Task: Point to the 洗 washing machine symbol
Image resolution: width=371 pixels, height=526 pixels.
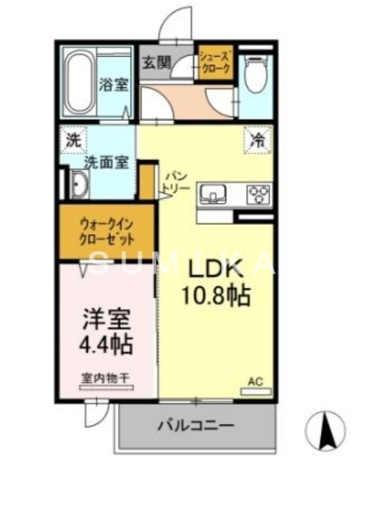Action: pyautogui.click(x=72, y=139)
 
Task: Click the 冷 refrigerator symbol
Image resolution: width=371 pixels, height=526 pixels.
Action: pyautogui.click(x=257, y=139)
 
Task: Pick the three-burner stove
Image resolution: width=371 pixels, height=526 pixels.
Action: pyautogui.click(x=257, y=194)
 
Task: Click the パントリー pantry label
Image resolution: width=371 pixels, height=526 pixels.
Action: pyautogui.click(x=176, y=181)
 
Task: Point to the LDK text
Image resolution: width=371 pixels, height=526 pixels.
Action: pyautogui.click(x=217, y=269)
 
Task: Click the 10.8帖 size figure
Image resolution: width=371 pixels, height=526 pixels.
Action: pyautogui.click(x=217, y=297)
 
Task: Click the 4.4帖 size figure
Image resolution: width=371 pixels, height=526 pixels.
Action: pyautogui.click(x=106, y=344)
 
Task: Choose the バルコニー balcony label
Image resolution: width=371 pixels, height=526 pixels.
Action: pyautogui.click(x=195, y=426)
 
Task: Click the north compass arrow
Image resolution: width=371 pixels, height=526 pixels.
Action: pyautogui.click(x=325, y=431)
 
